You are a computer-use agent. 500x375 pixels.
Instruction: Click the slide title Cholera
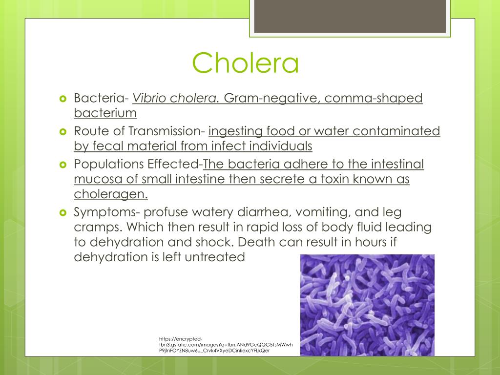coord(245,63)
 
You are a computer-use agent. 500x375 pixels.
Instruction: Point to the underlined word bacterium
coord(105,113)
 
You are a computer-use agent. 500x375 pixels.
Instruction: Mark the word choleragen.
coord(110,194)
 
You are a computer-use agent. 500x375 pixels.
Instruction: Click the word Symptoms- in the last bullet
coord(104,212)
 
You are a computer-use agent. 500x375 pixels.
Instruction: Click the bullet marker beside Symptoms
coord(62,213)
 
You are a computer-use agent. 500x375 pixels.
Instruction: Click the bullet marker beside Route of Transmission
coord(62,131)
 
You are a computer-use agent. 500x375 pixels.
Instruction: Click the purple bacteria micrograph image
coord(367,305)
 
